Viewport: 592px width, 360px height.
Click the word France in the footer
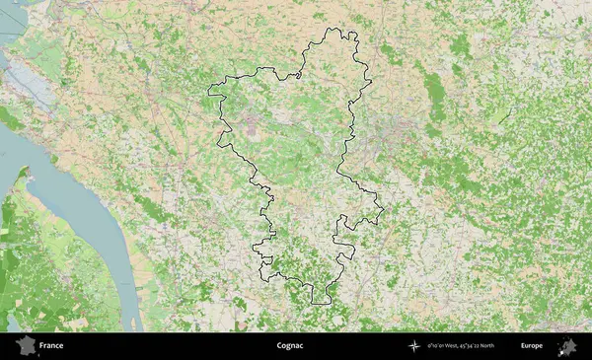click(51, 346)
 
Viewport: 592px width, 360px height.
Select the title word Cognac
click(292, 346)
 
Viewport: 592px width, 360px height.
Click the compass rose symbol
click(413, 346)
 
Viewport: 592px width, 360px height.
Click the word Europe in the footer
click(533, 346)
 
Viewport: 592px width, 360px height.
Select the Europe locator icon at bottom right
click(567, 346)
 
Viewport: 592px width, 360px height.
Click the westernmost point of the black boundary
click(208, 95)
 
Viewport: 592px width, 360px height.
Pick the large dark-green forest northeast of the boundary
click(434, 89)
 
